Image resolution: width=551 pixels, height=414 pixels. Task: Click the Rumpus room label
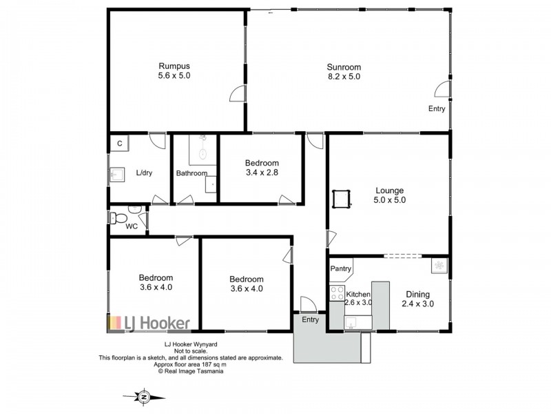coord(174,66)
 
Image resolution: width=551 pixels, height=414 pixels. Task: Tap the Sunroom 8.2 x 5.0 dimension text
coord(344,77)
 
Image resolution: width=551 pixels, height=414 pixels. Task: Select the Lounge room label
coord(389,190)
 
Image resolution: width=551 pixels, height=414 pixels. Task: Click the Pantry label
coord(341,268)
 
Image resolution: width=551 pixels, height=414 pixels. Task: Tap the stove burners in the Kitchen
coord(337,293)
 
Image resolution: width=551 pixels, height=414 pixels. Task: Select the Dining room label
coord(417,293)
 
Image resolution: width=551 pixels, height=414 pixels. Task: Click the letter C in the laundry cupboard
coord(119,144)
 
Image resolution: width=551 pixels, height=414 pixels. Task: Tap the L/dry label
coord(145,172)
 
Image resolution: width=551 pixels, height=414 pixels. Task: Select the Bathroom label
coord(191,173)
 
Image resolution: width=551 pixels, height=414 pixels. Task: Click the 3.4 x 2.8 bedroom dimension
coord(262,172)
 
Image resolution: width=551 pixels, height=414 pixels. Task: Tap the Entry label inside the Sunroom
coord(437,109)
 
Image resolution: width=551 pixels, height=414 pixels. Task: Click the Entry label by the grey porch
coord(311,319)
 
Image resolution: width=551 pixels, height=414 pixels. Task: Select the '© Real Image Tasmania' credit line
coord(190,371)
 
